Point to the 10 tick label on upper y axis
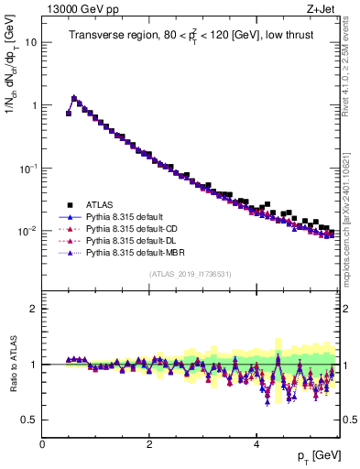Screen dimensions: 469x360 [x=31, y=42]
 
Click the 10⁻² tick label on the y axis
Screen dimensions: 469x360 [x=27, y=231]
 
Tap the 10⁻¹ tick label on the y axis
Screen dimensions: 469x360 [x=27, y=169]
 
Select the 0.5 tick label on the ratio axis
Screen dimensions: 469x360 [x=29, y=420]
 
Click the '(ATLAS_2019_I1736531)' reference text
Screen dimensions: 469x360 [x=190, y=274]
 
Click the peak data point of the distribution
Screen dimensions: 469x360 [x=74, y=97]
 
